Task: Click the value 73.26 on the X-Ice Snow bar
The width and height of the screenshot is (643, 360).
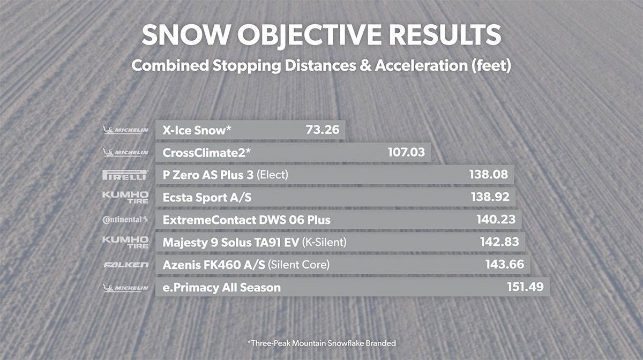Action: (323, 130)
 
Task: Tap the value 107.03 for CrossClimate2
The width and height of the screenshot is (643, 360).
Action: (406, 152)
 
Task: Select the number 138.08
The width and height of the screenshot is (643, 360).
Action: (489, 175)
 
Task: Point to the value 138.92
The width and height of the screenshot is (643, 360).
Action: (490, 197)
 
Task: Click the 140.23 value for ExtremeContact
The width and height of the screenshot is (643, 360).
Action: (496, 220)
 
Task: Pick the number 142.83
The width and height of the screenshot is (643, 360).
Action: (499, 242)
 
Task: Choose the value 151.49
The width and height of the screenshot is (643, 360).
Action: (525, 287)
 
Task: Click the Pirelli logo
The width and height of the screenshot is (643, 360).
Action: (125, 175)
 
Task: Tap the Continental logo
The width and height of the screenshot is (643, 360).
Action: (125, 220)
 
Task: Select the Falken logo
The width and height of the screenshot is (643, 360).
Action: (125, 265)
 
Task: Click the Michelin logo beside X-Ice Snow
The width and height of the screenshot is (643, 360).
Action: (125, 130)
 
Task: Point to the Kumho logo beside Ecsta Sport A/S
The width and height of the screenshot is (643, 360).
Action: (125, 197)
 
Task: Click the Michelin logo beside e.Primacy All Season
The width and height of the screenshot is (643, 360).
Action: (125, 288)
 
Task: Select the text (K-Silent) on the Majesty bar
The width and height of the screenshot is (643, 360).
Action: (324, 242)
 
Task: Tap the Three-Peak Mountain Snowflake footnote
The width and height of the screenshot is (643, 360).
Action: (321, 342)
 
